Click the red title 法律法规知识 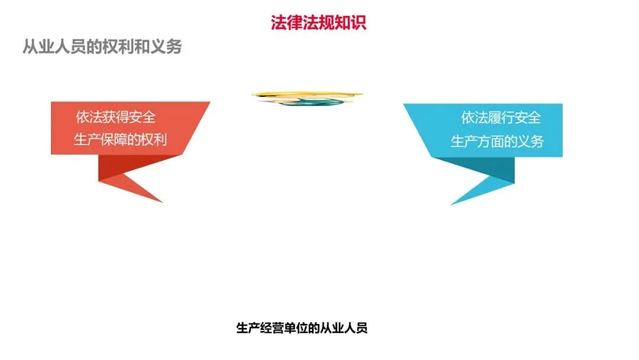click(318, 22)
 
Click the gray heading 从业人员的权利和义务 click(102, 47)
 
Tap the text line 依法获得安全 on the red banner click(116, 117)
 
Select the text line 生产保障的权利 click(120, 140)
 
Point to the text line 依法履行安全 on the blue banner click(501, 117)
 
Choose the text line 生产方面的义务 click(497, 142)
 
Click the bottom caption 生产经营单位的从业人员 click(302, 328)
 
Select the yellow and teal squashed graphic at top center click(307, 98)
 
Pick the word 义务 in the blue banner click(530, 142)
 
